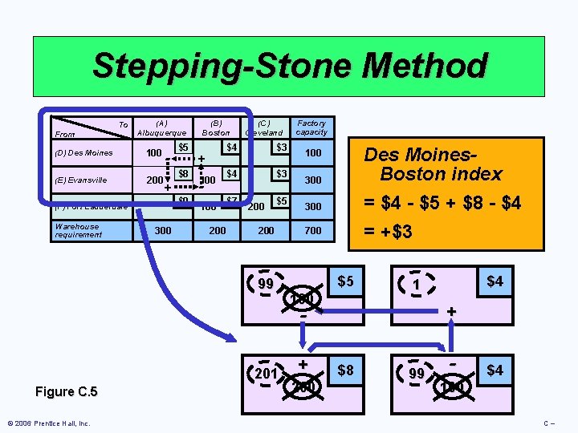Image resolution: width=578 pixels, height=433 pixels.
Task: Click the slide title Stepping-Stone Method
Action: pyautogui.click(x=289, y=66)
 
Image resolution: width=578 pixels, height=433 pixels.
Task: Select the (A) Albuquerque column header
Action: pyautogui.click(x=161, y=127)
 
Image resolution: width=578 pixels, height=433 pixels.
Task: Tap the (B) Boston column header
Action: pyautogui.click(x=216, y=127)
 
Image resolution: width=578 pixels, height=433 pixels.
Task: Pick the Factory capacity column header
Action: pyautogui.click(x=311, y=127)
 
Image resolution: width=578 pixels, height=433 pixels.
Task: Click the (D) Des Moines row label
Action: pyautogui.click(x=83, y=152)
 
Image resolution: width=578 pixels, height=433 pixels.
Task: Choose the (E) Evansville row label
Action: pyautogui.click(x=82, y=180)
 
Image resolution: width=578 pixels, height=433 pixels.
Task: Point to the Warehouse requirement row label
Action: pyautogui.click(x=77, y=230)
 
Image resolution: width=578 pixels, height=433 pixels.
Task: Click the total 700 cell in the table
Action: pyautogui.click(x=312, y=231)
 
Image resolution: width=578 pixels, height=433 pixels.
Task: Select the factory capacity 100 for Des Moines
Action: pyautogui.click(x=312, y=152)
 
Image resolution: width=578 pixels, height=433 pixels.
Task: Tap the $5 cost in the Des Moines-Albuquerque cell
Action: pyautogui.click(x=183, y=148)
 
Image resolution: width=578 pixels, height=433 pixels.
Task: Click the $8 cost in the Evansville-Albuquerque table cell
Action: pyautogui.click(x=183, y=173)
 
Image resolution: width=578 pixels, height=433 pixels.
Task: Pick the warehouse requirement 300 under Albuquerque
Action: pyautogui.click(x=162, y=231)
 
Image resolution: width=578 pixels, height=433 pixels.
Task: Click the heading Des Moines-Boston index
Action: pyautogui.click(x=433, y=164)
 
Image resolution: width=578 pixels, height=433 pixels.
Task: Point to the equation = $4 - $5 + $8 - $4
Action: pyautogui.click(x=441, y=204)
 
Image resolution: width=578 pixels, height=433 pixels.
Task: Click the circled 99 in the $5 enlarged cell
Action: pyautogui.click(x=267, y=284)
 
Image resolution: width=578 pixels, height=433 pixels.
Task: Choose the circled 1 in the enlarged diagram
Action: pyautogui.click(x=417, y=284)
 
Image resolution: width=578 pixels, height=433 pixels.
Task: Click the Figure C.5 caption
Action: pyautogui.click(x=67, y=391)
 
